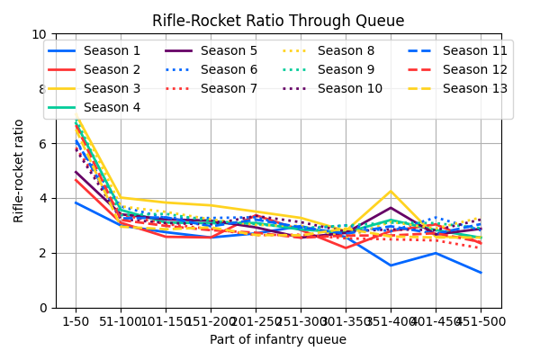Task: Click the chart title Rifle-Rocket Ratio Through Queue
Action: click(x=278, y=21)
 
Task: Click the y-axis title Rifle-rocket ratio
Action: click(x=19, y=170)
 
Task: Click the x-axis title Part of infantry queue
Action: click(x=278, y=339)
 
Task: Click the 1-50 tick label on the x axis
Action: click(x=76, y=320)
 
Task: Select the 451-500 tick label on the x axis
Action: click(x=481, y=320)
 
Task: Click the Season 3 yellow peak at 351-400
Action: click(x=391, y=191)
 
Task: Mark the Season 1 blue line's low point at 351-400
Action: click(x=391, y=265)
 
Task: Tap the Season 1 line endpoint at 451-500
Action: click(x=481, y=273)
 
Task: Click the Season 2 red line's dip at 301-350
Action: click(x=346, y=248)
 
